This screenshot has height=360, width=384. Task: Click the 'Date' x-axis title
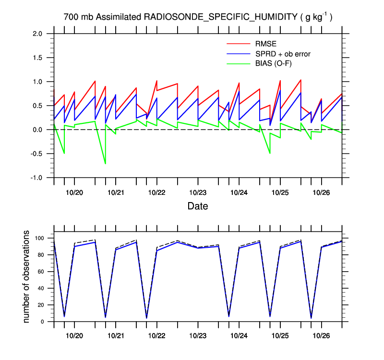(198, 206)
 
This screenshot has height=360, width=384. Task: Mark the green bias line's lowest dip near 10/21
(106, 164)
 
